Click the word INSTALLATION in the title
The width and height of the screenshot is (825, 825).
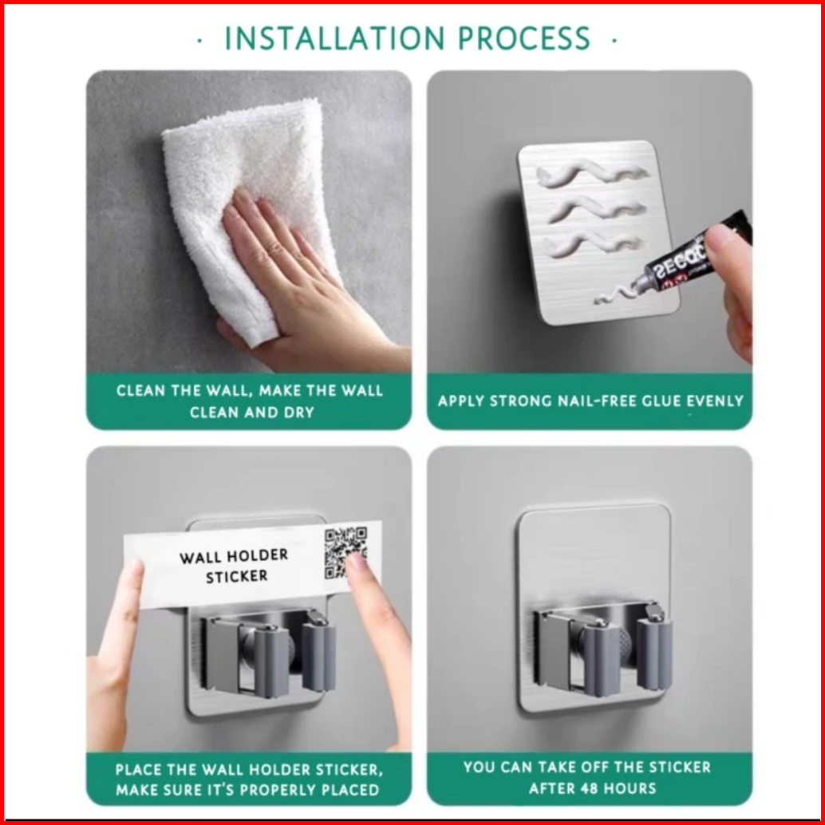[334, 37]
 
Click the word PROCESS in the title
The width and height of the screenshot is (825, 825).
[524, 37]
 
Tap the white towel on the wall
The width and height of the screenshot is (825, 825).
[247, 200]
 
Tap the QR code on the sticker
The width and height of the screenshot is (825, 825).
[345, 552]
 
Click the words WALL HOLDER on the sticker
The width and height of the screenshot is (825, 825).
[234, 556]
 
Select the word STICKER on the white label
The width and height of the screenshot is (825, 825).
[236, 577]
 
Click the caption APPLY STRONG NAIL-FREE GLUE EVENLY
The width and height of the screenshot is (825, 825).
[590, 401]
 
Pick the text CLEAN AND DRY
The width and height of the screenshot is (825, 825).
[252, 412]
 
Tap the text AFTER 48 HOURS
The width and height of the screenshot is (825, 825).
[593, 788]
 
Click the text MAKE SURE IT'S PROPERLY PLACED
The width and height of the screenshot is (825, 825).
[248, 790]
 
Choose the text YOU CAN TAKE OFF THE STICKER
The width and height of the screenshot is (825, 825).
[587, 767]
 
